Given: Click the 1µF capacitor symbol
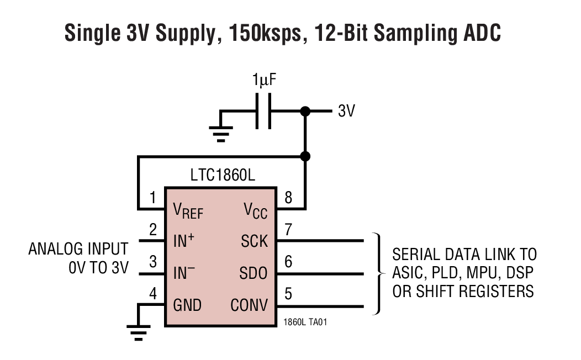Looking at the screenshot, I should click(x=263, y=111).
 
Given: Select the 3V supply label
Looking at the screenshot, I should click(x=346, y=112).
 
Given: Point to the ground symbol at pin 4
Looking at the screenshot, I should click(x=139, y=331).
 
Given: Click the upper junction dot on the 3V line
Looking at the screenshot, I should click(x=304, y=112).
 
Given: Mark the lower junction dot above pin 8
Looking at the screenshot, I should click(x=304, y=156).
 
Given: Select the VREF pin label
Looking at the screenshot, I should click(x=188, y=210).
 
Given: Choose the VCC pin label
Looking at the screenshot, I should click(x=256, y=210).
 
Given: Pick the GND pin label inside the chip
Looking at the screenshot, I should click(x=188, y=305).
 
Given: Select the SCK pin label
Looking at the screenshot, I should click(x=254, y=241).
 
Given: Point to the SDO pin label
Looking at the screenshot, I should click(x=254, y=273).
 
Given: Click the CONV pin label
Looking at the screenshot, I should click(x=249, y=305).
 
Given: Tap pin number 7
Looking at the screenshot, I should click(x=288, y=229).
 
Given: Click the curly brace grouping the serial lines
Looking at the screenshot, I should click(x=378, y=273).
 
